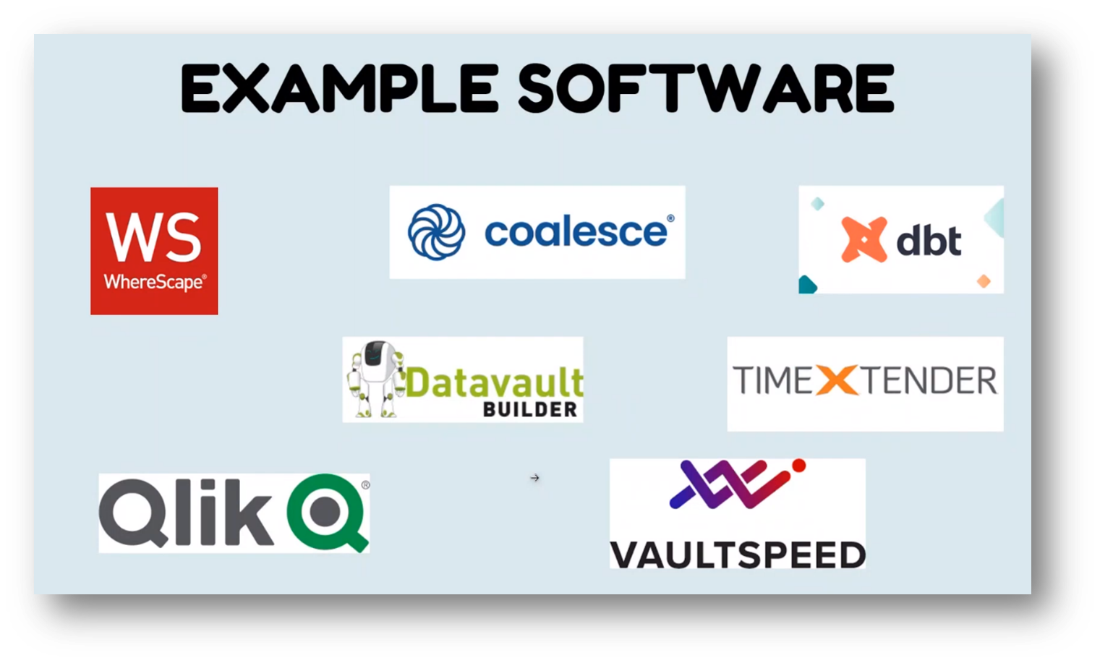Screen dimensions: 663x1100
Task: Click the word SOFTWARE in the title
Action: click(x=706, y=88)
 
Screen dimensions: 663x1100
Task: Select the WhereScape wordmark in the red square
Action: click(x=154, y=282)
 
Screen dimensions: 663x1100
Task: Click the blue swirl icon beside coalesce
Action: click(x=436, y=232)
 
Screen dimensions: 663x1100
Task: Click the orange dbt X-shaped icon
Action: click(x=864, y=239)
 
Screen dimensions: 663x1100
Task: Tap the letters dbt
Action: click(x=929, y=240)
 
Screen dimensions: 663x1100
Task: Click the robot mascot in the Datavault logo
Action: click(x=375, y=377)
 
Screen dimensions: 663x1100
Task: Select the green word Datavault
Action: click(x=495, y=382)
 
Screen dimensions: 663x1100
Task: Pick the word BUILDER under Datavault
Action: click(x=530, y=410)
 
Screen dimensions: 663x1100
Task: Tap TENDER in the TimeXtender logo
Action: click(x=928, y=380)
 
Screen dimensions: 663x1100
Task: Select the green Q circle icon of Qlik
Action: click(x=327, y=513)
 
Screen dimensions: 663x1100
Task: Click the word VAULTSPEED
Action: click(x=738, y=555)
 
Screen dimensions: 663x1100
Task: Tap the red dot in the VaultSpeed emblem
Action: click(x=798, y=465)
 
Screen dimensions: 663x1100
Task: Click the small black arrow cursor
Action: click(x=534, y=478)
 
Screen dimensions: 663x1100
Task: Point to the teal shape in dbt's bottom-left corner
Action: click(x=806, y=286)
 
